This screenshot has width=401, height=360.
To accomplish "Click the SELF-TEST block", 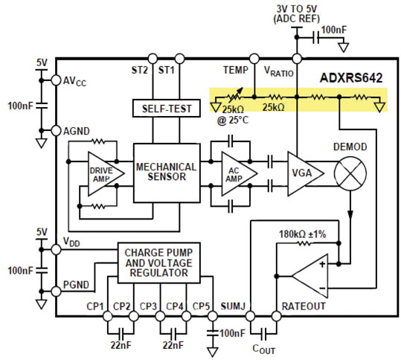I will pyautogui.click(x=167, y=109).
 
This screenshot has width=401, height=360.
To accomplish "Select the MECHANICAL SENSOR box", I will pyautogui.click(x=165, y=173).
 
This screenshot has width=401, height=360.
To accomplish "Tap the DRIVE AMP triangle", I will pyautogui.click(x=102, y=173).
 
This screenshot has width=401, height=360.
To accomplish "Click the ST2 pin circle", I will pyautogui.click(x=153, y=58).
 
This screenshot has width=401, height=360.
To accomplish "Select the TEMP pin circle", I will pyautogui.click(x=254, y=58).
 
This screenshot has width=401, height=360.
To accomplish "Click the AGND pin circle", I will pyautogui.click(x=55, y=130).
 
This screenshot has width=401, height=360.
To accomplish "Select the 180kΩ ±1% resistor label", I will pyautogui.click(x=301, y=234).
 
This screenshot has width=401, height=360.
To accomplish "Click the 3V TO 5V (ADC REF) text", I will pyautogui.click(x=297, y=13).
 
